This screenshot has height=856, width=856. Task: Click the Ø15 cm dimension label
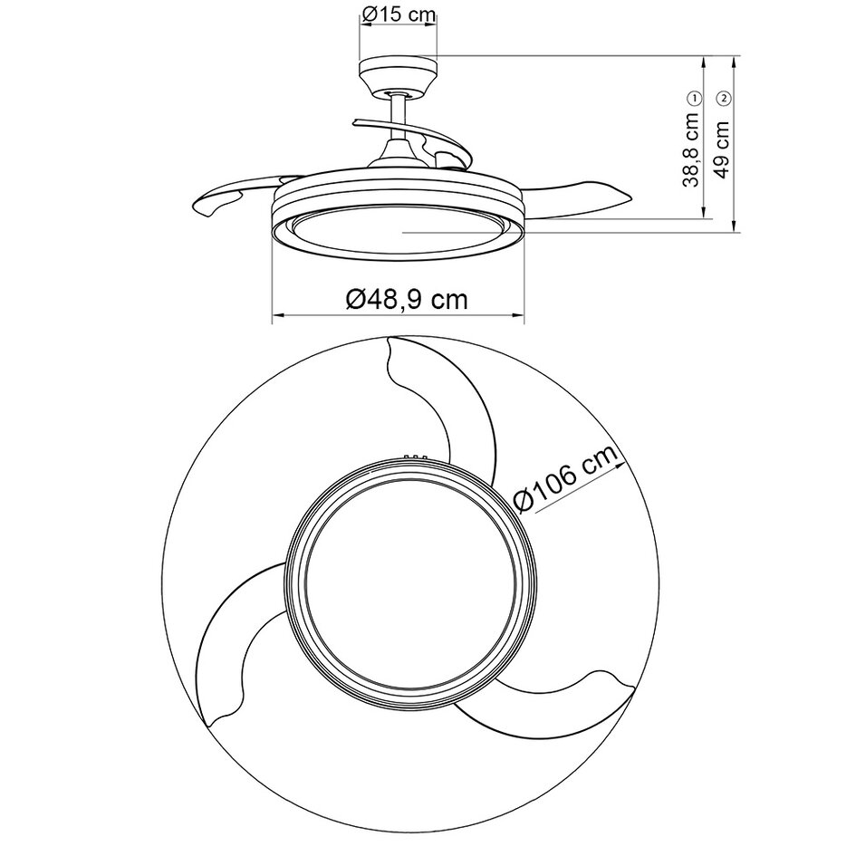[x=399, y=14]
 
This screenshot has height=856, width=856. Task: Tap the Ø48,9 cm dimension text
[x=407, y=298]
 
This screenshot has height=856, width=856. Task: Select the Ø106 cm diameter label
[x=566, y=479]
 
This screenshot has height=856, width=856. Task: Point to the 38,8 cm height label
[x=693, y=149]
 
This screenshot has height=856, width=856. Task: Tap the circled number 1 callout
[x=694, y=97]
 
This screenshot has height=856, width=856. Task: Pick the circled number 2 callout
[x=723, y=97]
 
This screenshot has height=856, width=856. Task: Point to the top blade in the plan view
[x=444, y=399]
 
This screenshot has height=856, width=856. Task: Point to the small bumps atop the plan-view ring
[x=415, y=457]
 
